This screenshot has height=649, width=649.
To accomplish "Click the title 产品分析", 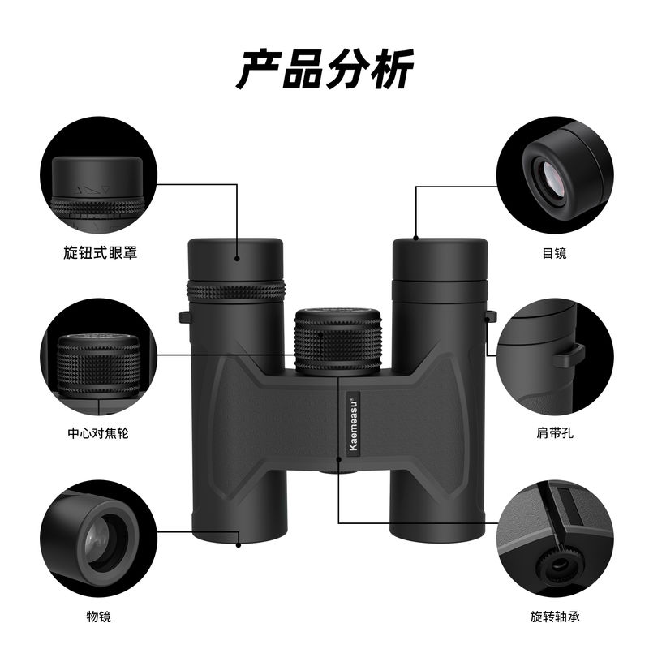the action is click(325, 69).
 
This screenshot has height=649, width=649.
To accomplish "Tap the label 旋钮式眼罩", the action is click(100, 252).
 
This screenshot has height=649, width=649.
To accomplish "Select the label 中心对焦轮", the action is click(98, 433).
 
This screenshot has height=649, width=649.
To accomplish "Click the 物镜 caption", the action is click(99, 617).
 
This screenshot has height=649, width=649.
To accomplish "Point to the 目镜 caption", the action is click(555, 253).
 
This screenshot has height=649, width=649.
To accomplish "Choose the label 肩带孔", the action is click(555, 433).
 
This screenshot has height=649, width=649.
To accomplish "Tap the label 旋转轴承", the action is click(555, 617).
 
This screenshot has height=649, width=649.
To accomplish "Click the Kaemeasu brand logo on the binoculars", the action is click(353, 422).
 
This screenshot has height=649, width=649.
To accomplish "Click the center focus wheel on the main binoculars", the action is click(338, 341).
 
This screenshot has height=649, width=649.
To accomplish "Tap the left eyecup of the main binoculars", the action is click(235, 259).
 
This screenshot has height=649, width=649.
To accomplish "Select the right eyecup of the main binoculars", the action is click(440, 259).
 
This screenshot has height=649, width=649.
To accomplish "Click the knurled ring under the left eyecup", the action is click(236, 291).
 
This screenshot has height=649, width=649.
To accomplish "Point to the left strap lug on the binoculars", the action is click(184, 317).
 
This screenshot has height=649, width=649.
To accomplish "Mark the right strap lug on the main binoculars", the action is click(491, 316).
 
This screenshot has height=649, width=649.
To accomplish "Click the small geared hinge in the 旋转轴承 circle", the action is click(559, 564).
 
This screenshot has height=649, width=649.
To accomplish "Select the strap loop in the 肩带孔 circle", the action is click(568, 355).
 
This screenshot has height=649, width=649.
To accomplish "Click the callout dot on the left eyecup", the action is click(237, 258).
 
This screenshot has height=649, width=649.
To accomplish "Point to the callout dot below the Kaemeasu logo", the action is click(338, 459).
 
